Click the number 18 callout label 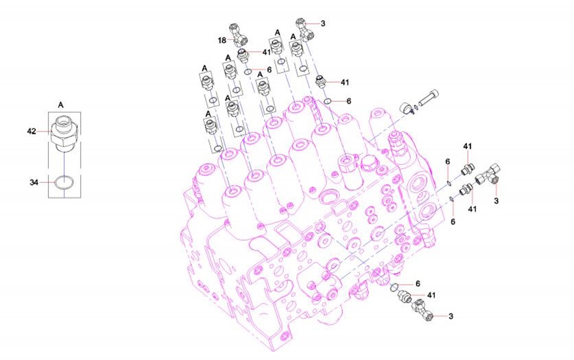(222, 40)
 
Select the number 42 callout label (32, 131)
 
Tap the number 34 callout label (34, 182)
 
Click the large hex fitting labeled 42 (64, 134)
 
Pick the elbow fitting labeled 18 (238, 35)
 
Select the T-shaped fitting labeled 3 (488, 175)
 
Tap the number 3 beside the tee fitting (496, 201)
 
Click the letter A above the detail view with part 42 (61, 105)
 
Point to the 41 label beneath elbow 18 (267, 52)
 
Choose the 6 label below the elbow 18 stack (269, 69)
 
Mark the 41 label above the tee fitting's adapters (467, 146)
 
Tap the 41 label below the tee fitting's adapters (472, 209)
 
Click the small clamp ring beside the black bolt (406, 108)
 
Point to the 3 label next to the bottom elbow (451, 315)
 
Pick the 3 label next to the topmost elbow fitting (323, 24)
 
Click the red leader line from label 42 (43, 131)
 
